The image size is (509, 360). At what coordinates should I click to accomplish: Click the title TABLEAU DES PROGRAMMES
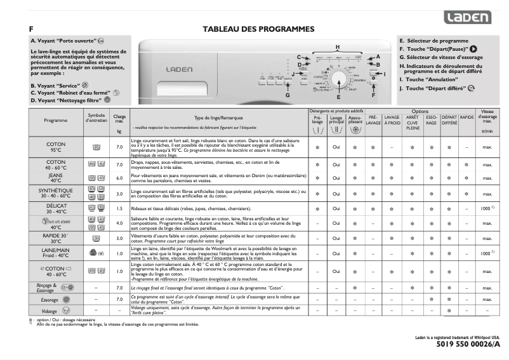click(x=258, y=29)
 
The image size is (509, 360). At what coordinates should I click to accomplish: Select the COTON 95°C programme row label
click(x=56, y=147)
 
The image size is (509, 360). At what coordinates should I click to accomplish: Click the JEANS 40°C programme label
click(x=56, y=178)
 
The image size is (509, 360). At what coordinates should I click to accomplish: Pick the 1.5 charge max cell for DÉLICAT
click(x=119, y=208)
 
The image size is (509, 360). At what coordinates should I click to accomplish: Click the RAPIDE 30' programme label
click(x=56, y=238)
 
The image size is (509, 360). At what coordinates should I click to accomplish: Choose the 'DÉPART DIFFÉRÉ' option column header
click(x=449, y=120)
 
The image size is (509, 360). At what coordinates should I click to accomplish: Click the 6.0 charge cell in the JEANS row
click(x=119, y=178)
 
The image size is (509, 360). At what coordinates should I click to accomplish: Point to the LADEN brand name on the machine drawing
click(x=175, y=69)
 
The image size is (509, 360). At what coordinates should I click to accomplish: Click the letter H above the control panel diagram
click(x=338, y=48)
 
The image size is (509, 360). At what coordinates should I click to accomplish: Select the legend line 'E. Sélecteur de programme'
click(x=433, y=40)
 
